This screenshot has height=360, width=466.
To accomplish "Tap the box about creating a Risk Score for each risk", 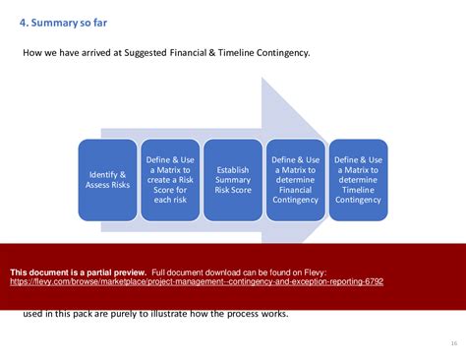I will [x=170, y=179].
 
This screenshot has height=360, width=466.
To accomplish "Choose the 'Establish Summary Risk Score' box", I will [x=232, y=179].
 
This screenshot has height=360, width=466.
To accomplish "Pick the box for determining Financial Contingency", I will [x=296, y=179].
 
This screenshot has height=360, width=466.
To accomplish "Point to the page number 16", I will [x=453, y=343].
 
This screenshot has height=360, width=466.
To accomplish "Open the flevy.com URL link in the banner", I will [x=197, y=281].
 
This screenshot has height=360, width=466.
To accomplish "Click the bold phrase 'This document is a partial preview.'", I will [x=79, y=270].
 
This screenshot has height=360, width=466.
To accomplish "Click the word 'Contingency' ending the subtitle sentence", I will [x=280, y=52].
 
